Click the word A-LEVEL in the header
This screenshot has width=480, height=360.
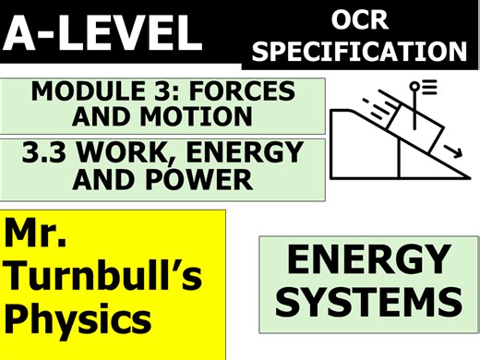(x=102, y=34)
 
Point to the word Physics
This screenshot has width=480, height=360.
(x=78, y=318)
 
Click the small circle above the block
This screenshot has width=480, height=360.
(x=414, y=88)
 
